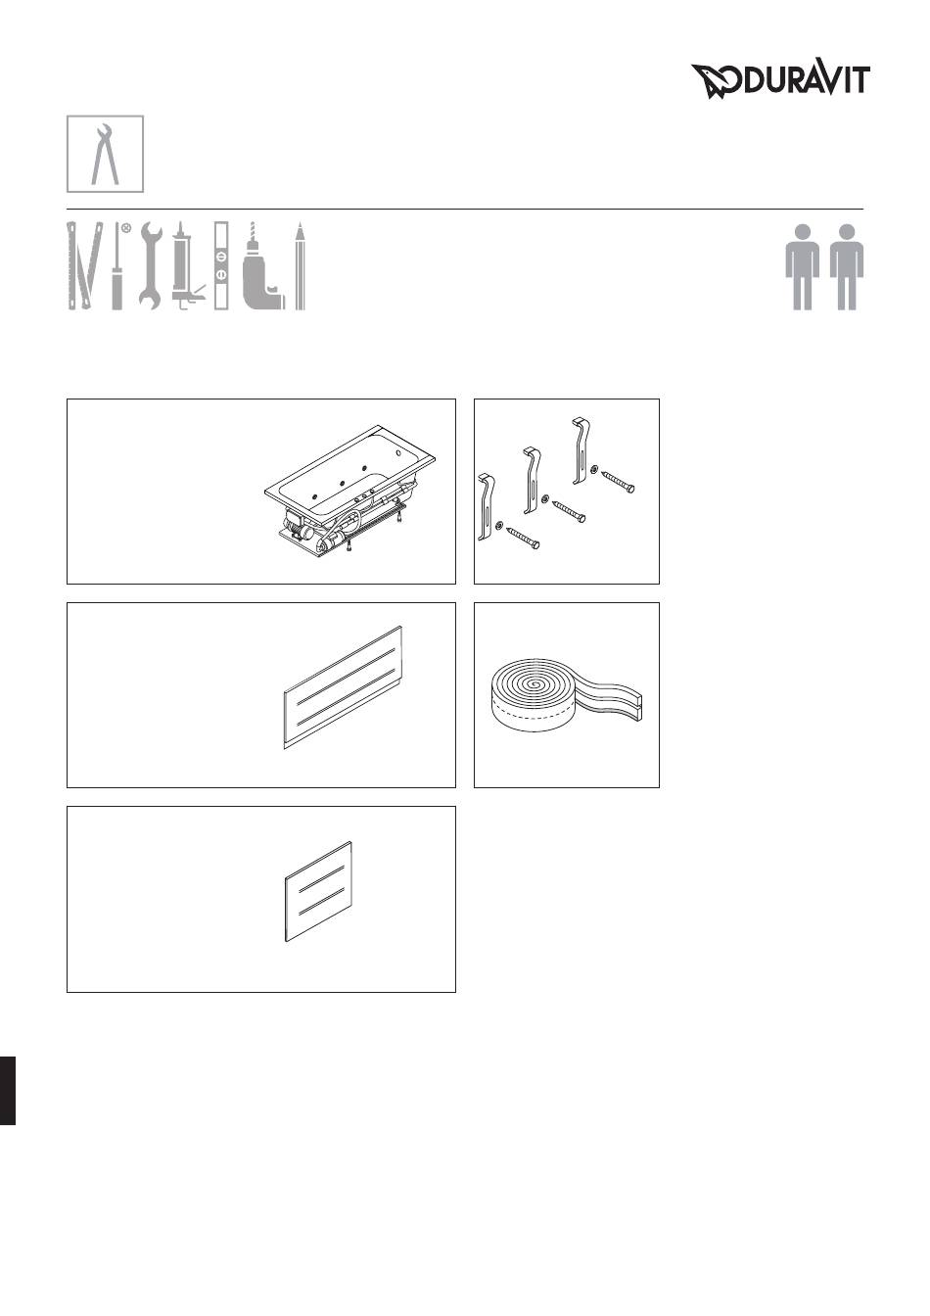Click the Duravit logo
coord(780,81)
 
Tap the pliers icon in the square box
coord(105,154)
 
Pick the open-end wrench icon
coord(151,265)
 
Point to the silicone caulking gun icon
coord(186,265)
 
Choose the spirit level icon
coord(221,265)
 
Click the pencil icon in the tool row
coord(300,265)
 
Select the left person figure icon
coord(802,266)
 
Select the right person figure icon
coord(847,266)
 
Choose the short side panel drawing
coord(318,891)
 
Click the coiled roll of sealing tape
coord(565,697)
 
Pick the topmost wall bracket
coord(581,450)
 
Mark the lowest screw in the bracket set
coord(523,537)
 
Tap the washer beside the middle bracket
coord(546,498)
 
